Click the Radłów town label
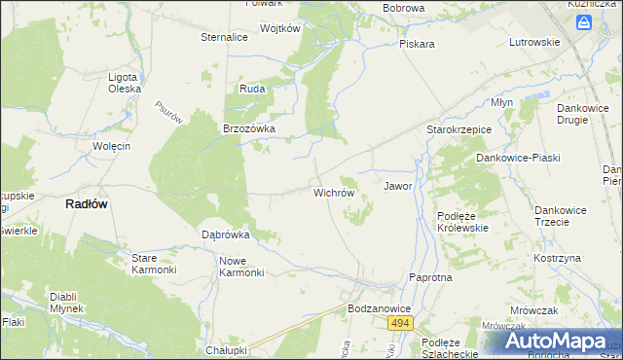[86, 203]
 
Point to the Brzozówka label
[250, 128]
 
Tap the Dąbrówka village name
[226, 234]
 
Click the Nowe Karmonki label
[242, 267]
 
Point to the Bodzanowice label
[379, 307]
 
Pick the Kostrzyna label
[557, 258]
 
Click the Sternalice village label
[224, 37]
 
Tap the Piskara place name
[417, 44]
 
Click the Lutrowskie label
[534, 42]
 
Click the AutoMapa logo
[556, 342]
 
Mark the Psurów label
[168, 113]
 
